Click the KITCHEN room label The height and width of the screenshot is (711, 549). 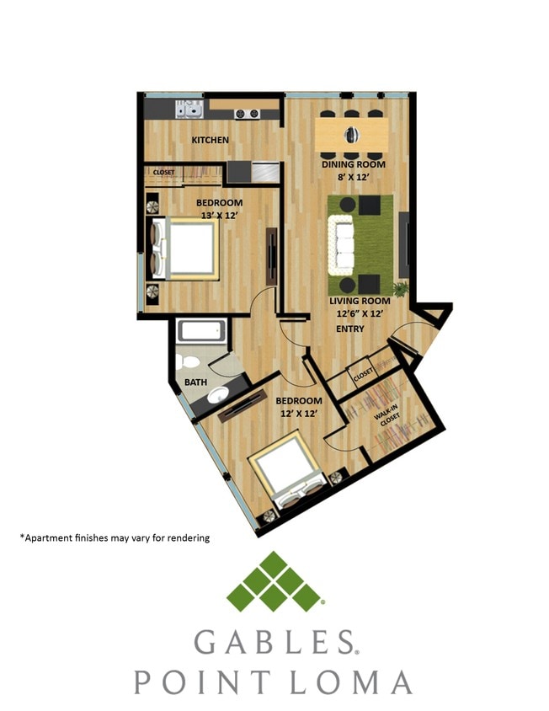[210, 140]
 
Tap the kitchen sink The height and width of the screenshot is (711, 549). [189, 108]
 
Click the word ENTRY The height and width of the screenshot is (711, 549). [350, 329]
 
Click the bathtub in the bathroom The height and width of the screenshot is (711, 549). [203, 332]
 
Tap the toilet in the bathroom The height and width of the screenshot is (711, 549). [190, 363]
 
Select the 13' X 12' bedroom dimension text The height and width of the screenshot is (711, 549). [220, 216]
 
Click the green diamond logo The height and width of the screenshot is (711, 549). [274, 581]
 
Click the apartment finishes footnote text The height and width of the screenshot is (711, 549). [115, 537]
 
